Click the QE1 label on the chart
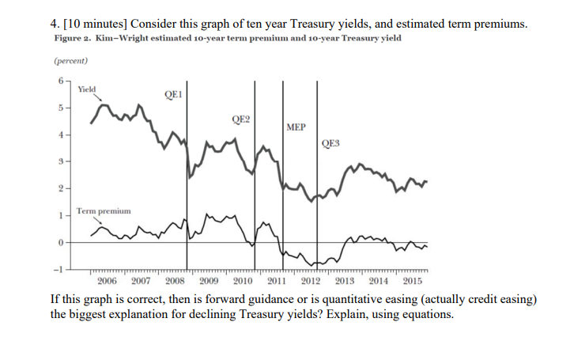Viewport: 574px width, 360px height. [173, 95]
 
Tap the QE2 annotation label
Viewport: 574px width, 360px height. [240, 119]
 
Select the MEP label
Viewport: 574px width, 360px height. [296, 127]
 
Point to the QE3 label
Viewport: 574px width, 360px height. [330, 143]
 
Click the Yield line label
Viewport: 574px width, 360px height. [87, 89]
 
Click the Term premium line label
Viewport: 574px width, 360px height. [104, 211]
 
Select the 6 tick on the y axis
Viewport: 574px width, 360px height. [61, 81]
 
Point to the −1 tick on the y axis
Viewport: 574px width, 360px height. [59, 270]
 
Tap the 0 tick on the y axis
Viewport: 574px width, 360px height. [61, 242]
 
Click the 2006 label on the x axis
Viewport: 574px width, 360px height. [107, 281]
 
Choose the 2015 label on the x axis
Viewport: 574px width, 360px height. [412, 281]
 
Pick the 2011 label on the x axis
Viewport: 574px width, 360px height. [277, 281]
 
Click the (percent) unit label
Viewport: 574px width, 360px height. [71, 61]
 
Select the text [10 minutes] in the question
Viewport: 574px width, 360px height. [95, 24]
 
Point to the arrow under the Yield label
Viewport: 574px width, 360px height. [97, 97]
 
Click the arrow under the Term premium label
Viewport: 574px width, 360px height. [97, 220]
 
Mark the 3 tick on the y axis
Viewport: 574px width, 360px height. [61, 161]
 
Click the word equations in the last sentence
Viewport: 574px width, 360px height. [427, 314]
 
